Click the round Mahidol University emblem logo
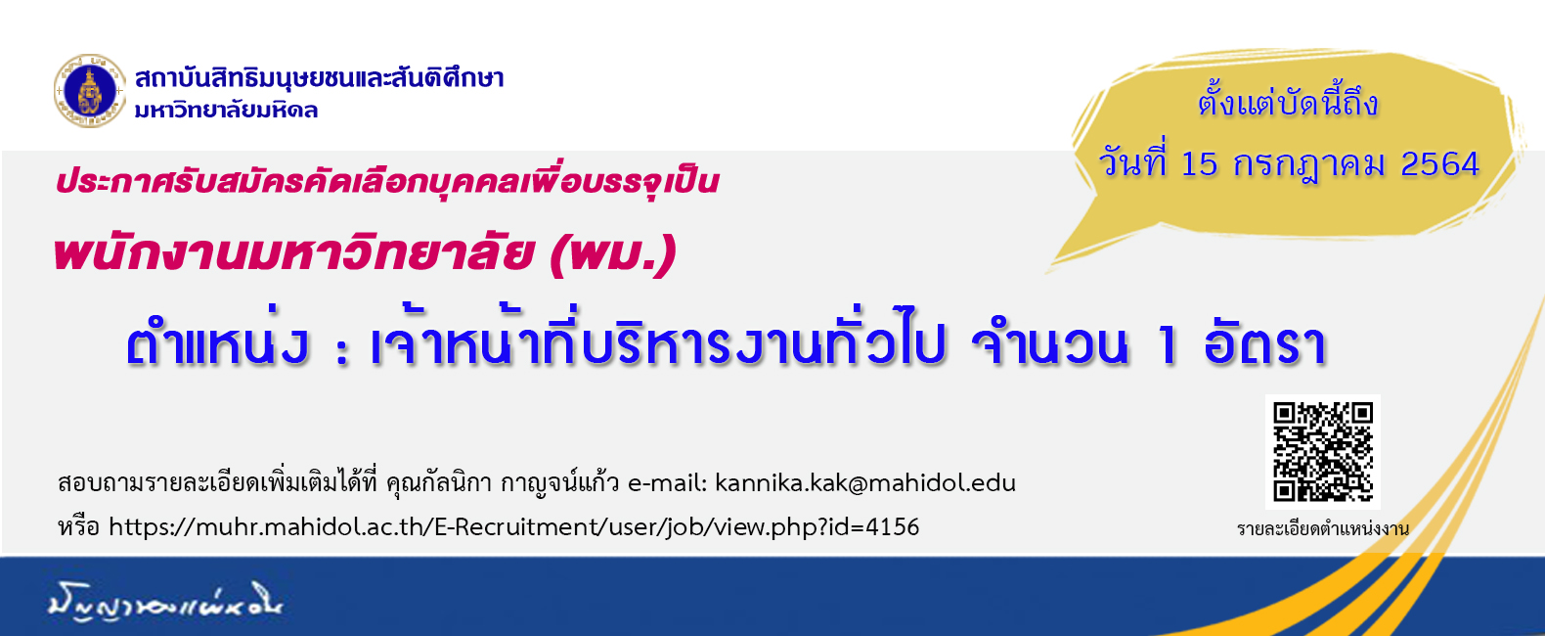pos(90,91)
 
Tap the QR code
pos(1323,451)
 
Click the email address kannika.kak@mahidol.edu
pos(865,482)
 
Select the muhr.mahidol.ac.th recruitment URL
pos(513,527)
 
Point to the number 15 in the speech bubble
pos(1200,164)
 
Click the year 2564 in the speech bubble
pos(1440,164)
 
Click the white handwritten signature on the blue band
pos(165,602)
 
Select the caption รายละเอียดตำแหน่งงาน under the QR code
pos(1322,529)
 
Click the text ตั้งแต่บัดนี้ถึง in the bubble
pos(1288,104)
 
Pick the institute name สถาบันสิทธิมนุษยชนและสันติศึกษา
pos(320,77)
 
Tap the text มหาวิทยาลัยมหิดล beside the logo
pos(226,110)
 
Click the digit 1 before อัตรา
pos(1166,345)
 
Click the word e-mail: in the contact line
pos(668,482)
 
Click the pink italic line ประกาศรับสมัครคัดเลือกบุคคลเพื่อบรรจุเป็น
pos(387,182)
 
